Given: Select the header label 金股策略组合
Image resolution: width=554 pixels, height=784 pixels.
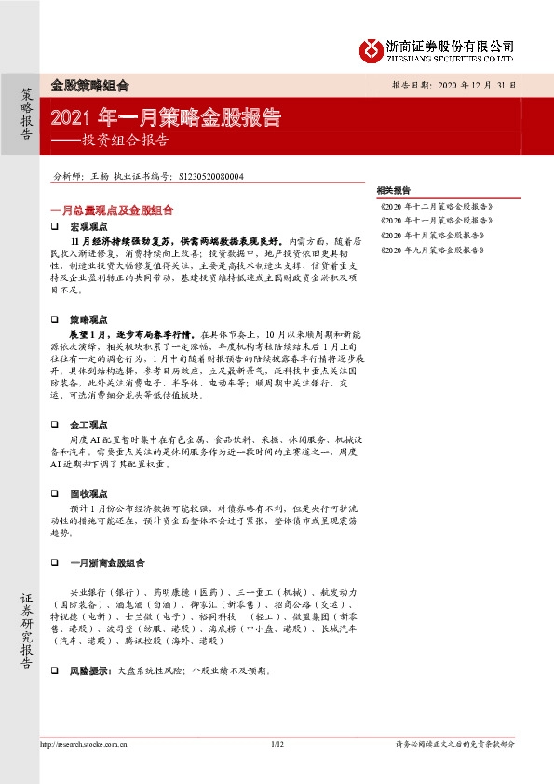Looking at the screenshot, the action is [x=88, y=85].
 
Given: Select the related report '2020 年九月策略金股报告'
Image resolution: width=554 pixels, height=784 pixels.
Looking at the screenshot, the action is [x=434, y=250].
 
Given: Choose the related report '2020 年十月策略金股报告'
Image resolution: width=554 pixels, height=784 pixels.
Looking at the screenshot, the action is [x=434, y=235].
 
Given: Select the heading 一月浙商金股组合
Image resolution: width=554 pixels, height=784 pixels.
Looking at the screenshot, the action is [x=108, y=562].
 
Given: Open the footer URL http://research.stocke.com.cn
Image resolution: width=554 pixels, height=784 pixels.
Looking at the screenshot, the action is [x=85, y=744].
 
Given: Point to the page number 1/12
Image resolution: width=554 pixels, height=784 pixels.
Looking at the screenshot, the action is [x=276, y=744].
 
